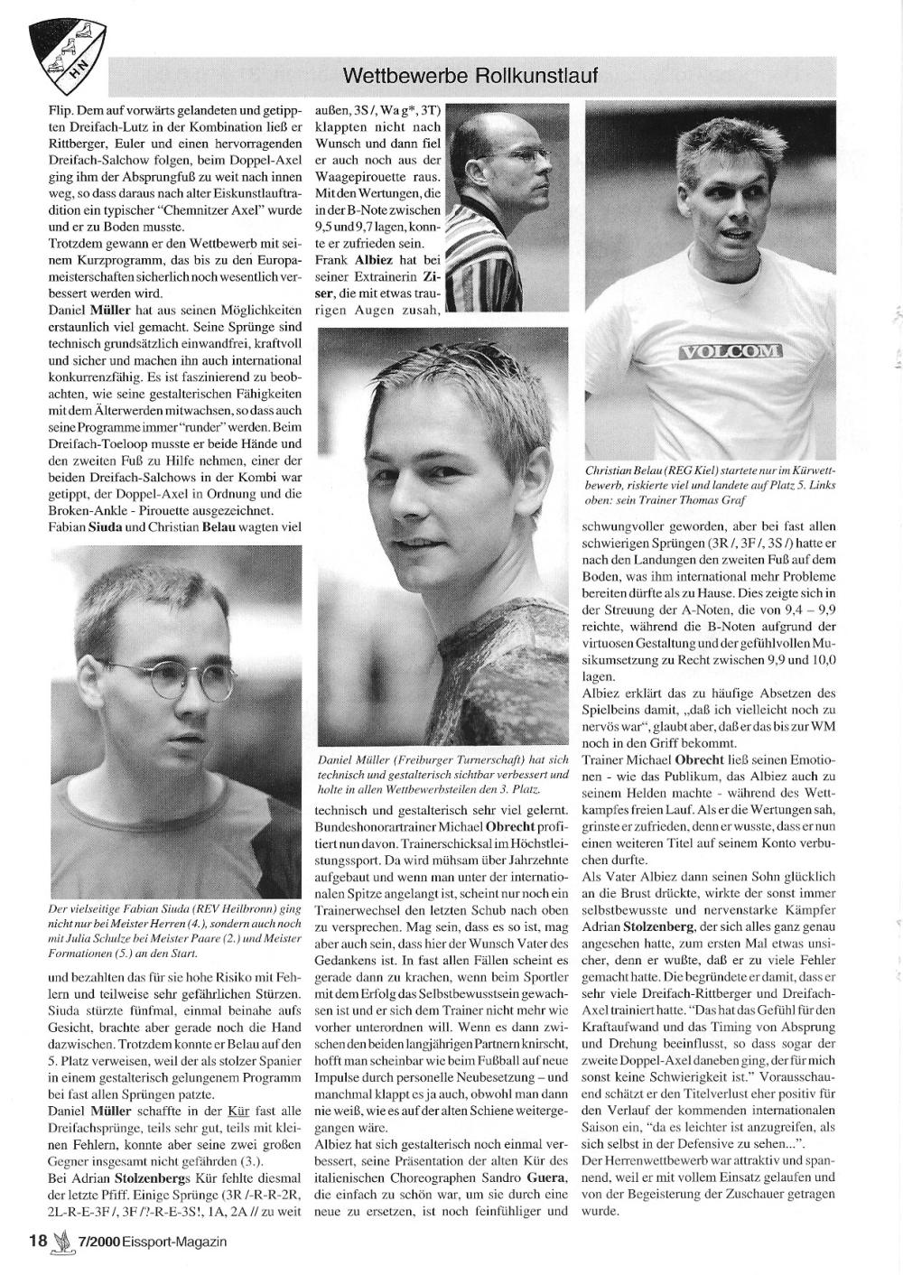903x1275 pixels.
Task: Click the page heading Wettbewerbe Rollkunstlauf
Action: point(471,74)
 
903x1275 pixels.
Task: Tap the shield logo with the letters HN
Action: point(68,49)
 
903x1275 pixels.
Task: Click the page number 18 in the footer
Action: point(36,1241)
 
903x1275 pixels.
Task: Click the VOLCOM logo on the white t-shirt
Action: point(729,350)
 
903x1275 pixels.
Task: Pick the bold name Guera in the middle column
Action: point(546,1178)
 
